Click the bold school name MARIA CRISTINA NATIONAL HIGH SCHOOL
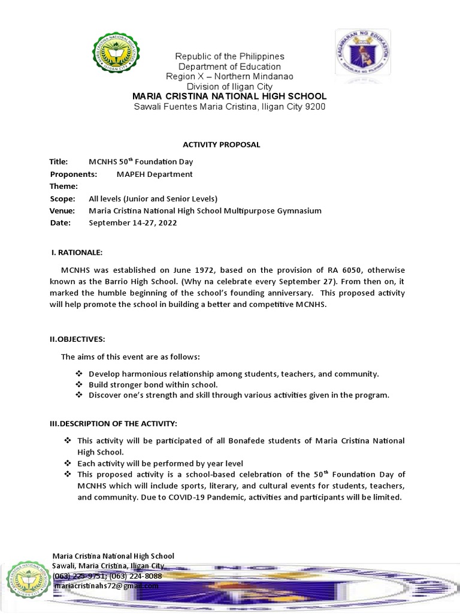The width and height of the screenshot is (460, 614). (x=229, y=97)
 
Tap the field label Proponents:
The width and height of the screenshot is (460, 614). (x=73, y=174)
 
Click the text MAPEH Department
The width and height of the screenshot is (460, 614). (x=155, y=174)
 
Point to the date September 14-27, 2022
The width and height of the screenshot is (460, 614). (x=133, y=222)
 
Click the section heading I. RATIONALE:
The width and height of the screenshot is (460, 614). (x=77, y=252)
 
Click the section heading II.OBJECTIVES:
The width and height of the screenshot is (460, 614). (x=77, y=339)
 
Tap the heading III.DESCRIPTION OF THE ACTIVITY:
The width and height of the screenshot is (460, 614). (x=113, y=424)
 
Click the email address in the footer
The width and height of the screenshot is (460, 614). (x=105, y=586)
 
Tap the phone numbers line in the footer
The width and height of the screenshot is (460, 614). (x=107, y=576)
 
